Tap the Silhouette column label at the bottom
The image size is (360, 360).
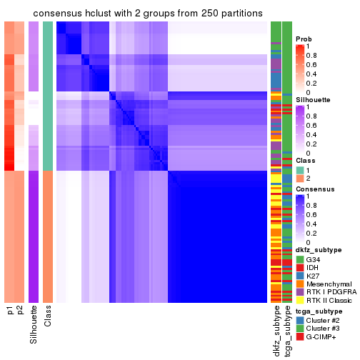coord(34,326)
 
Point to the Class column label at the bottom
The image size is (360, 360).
coord(48,317)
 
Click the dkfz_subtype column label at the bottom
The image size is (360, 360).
coord(276,331)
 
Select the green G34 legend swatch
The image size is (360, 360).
coord(300,259)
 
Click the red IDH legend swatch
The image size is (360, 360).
coord(300,268)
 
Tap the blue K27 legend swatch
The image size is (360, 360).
coord(300,277)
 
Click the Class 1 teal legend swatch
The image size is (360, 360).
coord(300,170)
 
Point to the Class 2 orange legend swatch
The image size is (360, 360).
coord(300,179)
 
